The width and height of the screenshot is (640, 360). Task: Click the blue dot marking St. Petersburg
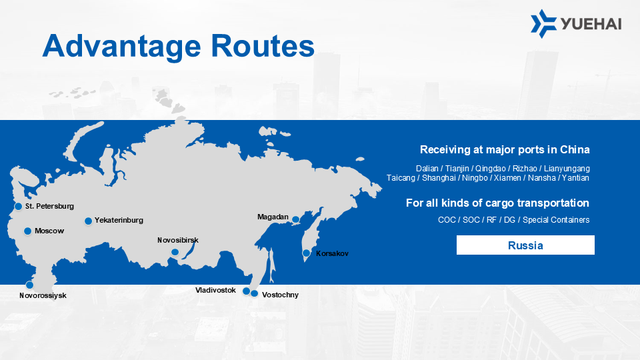coord(19,207)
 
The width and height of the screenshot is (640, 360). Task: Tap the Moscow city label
coord(49,231)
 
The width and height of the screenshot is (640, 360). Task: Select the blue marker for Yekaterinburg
coord(88,221)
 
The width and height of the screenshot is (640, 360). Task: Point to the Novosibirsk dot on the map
coord(175,252)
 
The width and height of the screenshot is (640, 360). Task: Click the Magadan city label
coord(273,217)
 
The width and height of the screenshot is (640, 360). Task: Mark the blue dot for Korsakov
coord(306,253)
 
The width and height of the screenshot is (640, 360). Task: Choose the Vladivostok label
coord(215,290)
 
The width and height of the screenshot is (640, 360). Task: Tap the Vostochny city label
coord(280,295)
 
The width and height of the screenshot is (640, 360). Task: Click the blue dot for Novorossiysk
coord(29,285)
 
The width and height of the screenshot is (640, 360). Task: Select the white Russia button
coord(525,245)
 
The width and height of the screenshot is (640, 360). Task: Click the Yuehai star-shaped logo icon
coord(543,24)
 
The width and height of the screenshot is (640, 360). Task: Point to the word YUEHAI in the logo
coord(591,24)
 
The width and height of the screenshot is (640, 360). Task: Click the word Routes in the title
coord(263,46)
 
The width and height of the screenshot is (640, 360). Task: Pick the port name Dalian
coord(427,169)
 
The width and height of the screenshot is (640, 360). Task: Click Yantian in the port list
coord(575,178)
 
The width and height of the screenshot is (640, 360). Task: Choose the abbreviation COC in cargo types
coord(447,220)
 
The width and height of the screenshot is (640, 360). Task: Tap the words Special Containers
coord(556,220)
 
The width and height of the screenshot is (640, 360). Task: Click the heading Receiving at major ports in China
coord(505,150)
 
